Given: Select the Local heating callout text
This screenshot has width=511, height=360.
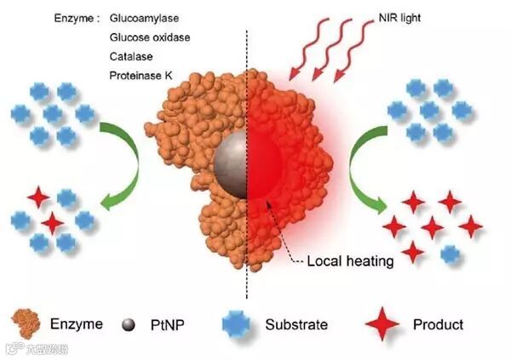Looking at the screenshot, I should pyautogui.click(x=352, y=261).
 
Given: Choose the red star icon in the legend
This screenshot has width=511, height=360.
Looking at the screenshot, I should pyautogui.click(x=381, y=324).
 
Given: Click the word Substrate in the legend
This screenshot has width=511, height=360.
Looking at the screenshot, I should pyautogui.click(x=296, y=324).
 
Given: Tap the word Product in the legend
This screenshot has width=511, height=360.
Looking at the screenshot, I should pyautogui.click(x=438, y=324).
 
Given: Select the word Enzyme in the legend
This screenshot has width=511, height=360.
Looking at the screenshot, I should pyautogui.click(x=76, y=324).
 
